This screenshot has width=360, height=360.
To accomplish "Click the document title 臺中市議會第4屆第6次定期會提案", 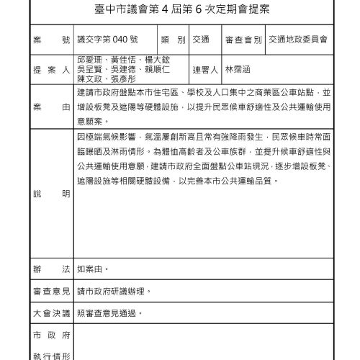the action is pos(179,12).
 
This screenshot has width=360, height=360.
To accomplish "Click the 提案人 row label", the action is pos(50,71).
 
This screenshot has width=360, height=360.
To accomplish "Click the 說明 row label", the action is pos(50,194).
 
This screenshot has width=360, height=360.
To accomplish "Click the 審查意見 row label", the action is pos(50,292).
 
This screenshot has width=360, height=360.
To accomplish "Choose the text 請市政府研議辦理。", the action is pos(114,292).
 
